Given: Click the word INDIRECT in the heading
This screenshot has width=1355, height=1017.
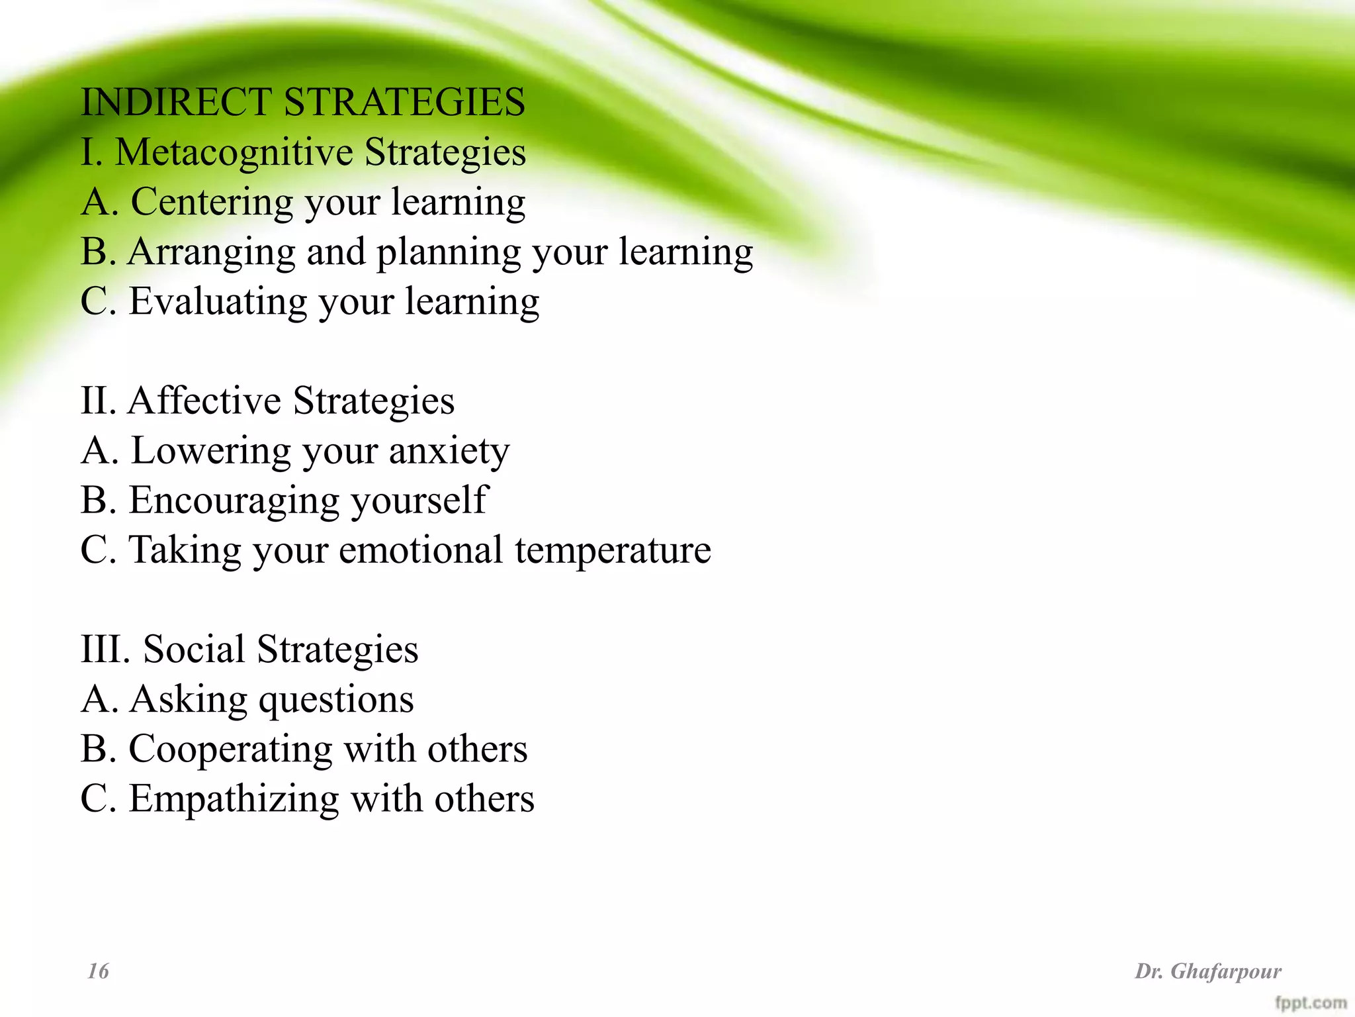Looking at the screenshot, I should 176,103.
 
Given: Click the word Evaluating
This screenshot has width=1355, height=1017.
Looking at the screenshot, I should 218,302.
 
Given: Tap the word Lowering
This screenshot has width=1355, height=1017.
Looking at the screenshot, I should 211,451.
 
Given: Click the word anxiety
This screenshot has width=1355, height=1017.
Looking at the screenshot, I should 449,451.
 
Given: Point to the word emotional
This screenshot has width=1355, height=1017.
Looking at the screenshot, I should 421,550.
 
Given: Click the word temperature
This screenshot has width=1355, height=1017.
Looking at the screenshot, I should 613,550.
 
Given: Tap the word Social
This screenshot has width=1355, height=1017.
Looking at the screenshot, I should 194,650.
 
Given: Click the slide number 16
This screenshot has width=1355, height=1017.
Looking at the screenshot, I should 98,971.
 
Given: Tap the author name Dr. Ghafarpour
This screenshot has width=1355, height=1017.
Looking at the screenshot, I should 1208,971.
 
